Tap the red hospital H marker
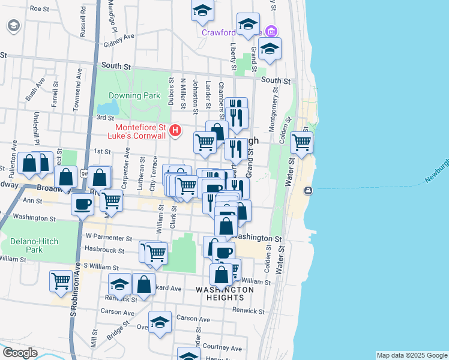click(175, 130)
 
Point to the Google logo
click(20, 352)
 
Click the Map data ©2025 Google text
click(411, 355)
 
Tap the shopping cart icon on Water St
click(301, 142)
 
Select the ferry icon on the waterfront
click(308, 191)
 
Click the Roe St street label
click(39, 9)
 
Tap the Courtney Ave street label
click(222, 347)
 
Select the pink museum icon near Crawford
click(271, 31)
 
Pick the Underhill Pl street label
click(36, 128)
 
